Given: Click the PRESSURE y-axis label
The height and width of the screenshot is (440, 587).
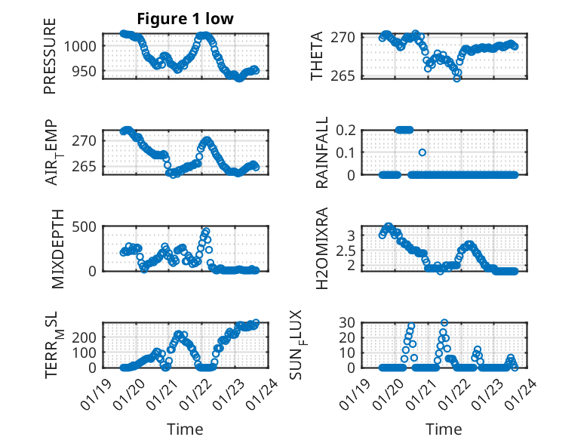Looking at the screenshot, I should tap(51, 61).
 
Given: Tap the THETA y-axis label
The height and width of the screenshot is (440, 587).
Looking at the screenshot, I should tap(317, 56).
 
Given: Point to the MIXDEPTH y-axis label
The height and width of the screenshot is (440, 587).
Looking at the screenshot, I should tap(58, 249).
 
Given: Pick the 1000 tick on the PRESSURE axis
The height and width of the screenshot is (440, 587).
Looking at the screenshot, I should tap(85, 45).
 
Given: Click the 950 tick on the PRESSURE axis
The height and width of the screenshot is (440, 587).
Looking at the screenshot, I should tap(88, 71).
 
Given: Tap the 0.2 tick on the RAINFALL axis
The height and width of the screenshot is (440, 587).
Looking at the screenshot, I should tap(344, 130).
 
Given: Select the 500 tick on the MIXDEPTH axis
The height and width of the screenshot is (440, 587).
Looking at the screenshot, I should tap(88, 226).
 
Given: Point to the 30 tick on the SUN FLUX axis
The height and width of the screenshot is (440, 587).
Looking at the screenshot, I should tap(347, 322).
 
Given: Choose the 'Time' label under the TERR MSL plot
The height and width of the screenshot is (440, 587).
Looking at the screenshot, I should tap(185, 429).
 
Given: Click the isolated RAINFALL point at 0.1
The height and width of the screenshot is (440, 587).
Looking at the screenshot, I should tap(423, 152).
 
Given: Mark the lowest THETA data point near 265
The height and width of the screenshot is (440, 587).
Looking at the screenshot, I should tap(457, 78).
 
